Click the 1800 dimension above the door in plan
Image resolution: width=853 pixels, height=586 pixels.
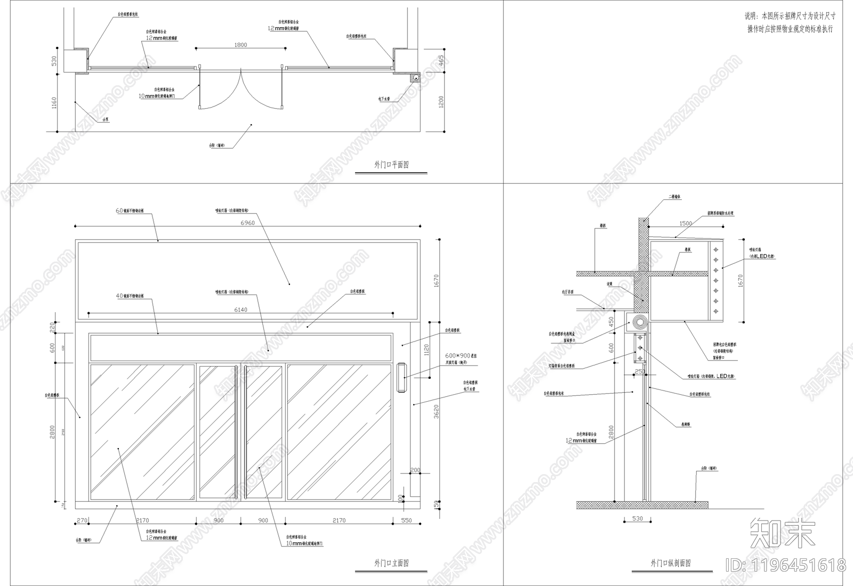point(240,45)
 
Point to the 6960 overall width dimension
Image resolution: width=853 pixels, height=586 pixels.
point(247,223)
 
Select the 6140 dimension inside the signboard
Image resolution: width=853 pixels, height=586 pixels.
point(240,310)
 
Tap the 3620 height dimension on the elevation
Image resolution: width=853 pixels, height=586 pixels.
point(436,411)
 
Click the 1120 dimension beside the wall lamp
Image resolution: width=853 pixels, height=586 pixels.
point(426,349)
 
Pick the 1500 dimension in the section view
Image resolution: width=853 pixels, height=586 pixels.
point(686,224)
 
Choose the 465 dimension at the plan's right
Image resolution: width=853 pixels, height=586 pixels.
point(441,61)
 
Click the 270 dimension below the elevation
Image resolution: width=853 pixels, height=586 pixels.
point(82,520)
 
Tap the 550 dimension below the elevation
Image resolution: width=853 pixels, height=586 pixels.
point(406,520)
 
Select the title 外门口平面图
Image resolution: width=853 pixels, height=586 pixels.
point(391,165)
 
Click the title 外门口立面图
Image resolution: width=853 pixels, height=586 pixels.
point(391,563)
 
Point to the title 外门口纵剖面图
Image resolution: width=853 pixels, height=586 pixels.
point(671,563)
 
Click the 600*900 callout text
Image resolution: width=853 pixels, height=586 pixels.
point(457,356)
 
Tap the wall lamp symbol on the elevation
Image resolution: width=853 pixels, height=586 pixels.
point(401,378)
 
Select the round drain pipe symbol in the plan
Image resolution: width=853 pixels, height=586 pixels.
point(416,78)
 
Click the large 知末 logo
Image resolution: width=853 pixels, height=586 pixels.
point(782,533)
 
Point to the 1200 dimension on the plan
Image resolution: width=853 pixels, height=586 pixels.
point(441,102)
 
